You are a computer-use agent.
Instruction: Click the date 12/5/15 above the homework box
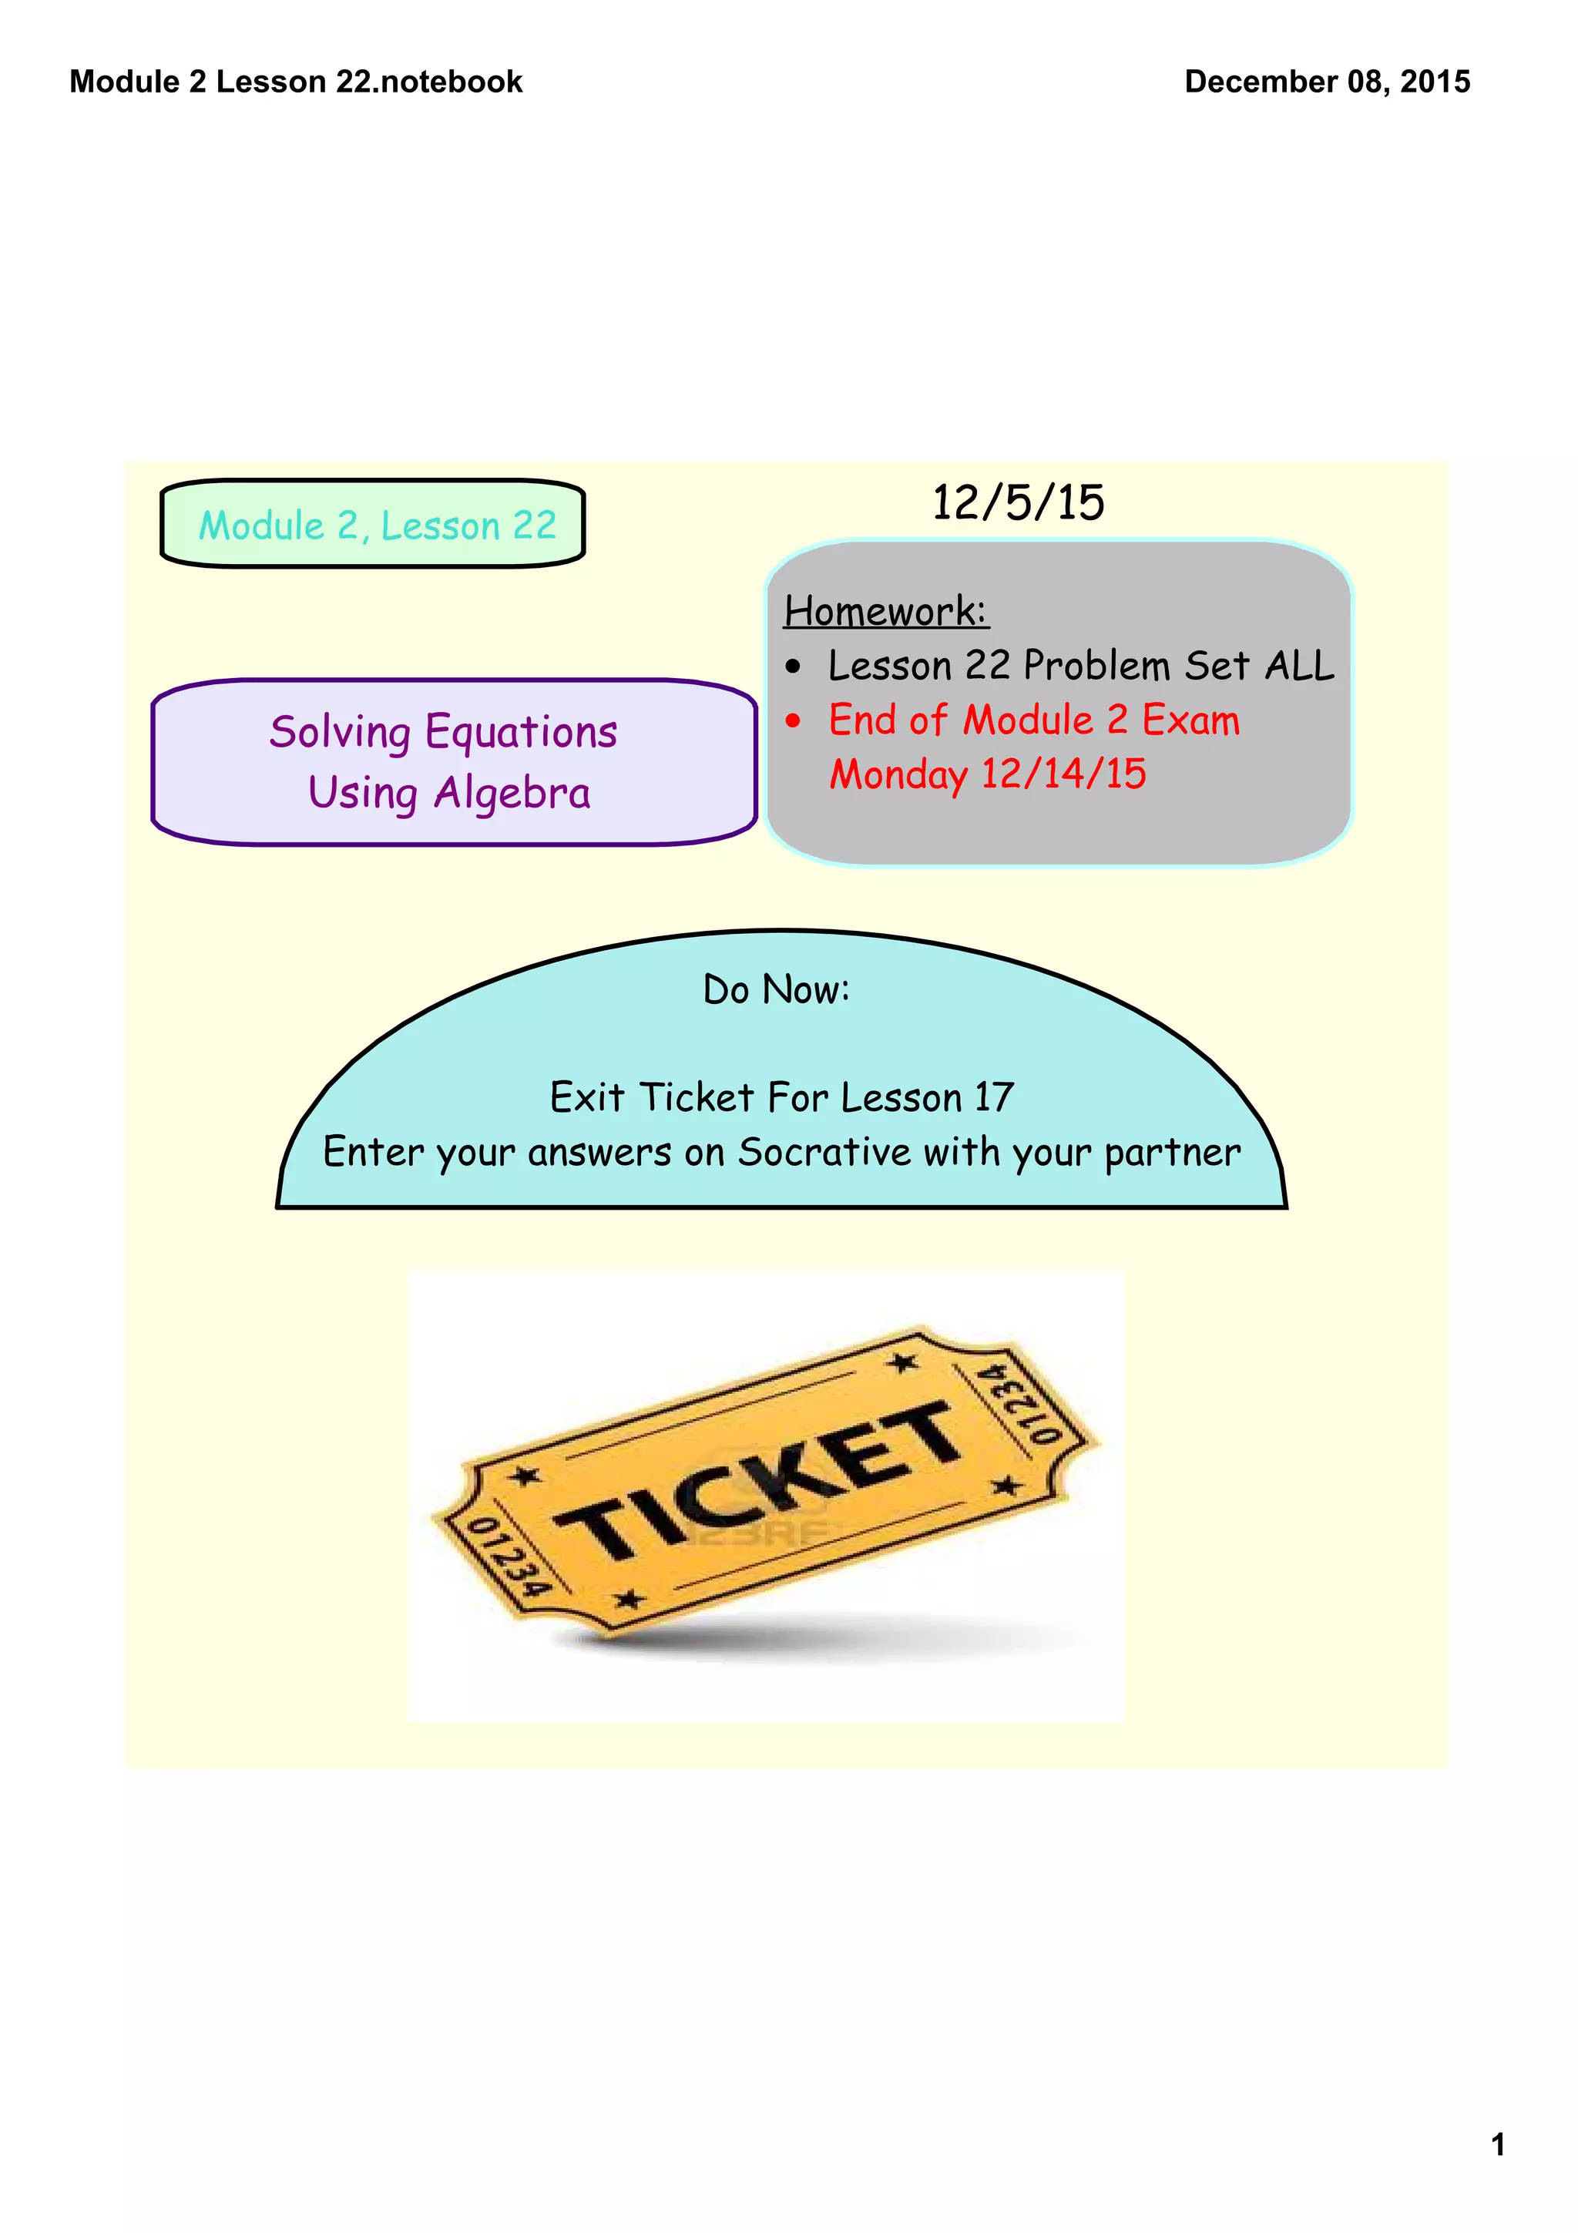[x=1017, y=503]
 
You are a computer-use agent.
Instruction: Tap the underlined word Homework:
[x=886, y=611]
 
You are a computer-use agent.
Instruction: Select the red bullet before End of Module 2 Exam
[x=794, y=720]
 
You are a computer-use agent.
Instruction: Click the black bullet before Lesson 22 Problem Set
[x=794, y=667]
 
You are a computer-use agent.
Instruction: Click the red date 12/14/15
[x=1063, y=774]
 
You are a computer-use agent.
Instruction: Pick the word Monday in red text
[x=898, y=775]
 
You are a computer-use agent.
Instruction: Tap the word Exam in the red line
[x=1190, y=720]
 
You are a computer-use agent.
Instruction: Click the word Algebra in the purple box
[x=512, y=794]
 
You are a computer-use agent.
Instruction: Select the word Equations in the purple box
[x=521, y=732]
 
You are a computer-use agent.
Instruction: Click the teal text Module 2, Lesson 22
[x=378, y=526]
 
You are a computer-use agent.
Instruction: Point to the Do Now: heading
[x=776, y=990]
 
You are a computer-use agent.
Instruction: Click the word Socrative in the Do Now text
[x=824, y=1153]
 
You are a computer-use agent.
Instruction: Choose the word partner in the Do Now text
[x=1172, y=1153]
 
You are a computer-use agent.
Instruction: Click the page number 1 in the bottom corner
[x=1497, y=2144]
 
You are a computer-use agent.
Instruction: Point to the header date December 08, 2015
[x=1326, y=82]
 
